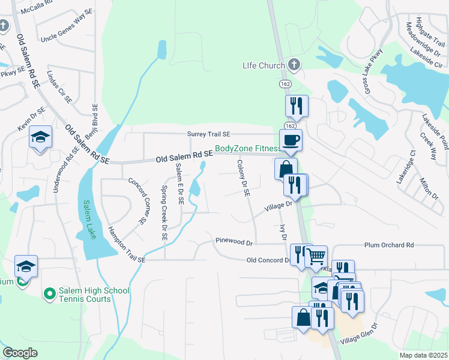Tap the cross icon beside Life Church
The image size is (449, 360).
294,64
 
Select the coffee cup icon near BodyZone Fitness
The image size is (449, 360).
291,140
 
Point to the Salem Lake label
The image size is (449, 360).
90,219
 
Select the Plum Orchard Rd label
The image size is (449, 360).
389,245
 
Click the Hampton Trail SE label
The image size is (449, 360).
127,245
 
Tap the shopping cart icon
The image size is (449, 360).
316,257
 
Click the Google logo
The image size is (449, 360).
20,353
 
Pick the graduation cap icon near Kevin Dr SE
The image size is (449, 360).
41,139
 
